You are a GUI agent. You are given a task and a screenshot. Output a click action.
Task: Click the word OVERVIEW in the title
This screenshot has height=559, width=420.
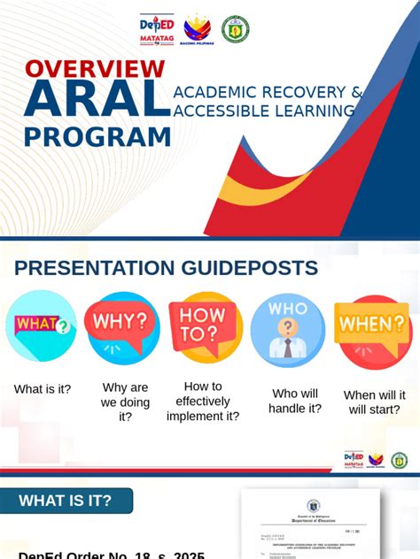click(x=95, y=69)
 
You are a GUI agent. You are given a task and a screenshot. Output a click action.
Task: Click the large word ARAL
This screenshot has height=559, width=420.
click(x=97, y=100)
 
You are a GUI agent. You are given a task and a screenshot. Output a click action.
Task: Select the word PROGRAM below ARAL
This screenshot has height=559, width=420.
click(x=97, y=138)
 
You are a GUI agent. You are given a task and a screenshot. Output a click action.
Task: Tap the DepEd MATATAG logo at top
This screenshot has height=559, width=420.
click(x=157, y=28)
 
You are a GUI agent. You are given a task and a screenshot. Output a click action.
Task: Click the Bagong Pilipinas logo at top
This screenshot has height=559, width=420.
click(x=197, y=28)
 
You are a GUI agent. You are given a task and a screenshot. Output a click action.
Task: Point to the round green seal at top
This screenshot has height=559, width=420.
click(x=235, y=28)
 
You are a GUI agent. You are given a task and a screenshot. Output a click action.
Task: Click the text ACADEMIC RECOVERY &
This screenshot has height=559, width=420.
click(x=268, y=92)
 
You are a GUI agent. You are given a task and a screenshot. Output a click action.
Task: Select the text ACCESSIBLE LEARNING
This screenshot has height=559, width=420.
click(x=264, y=111)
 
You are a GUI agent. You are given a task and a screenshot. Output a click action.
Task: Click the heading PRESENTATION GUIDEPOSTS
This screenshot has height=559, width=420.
click(x=166, y=268)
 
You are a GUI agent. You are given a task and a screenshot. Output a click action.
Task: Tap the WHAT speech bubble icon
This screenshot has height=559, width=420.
click(x=41, y=325)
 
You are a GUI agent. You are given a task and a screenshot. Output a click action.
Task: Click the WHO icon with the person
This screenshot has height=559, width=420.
click(x=287, y=329)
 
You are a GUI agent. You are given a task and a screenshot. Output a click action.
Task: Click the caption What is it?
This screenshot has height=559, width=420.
click(x=43, y=389)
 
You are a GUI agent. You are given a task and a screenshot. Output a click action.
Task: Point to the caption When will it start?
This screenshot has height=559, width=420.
click(x=375, y=402)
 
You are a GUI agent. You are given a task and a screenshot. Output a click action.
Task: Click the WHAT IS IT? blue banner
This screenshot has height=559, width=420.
click(x=66, y=501)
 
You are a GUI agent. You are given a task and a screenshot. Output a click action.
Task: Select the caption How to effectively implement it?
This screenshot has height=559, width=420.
click(x=203, y=401)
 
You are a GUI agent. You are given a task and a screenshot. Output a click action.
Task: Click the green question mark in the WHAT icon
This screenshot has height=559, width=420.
click(x=63, y=326)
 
